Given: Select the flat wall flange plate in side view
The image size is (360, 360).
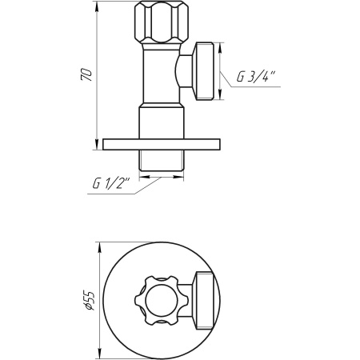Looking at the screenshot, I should click(160, 145).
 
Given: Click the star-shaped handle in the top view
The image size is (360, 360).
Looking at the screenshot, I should click(160, 298).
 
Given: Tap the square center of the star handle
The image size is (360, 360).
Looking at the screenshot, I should click(160, 298).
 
